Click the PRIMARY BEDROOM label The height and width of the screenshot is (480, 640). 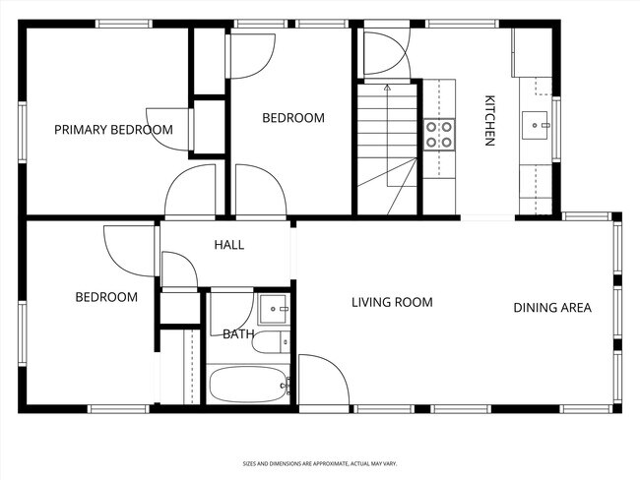(x=113, y=130)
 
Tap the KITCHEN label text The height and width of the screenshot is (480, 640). (x=488, y=120)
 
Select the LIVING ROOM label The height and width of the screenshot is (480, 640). (x=392, y=302)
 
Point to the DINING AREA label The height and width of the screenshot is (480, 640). (x=551, y=308)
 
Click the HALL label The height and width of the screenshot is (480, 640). (x=228, y=245)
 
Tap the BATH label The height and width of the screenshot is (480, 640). (x=237, y=334)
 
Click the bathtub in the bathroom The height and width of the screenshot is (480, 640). (x=247, y=385)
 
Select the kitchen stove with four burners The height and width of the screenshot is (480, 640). (x=439, y=134)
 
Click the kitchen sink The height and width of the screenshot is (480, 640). (x=538, y=124)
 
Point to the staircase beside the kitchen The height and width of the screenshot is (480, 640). (x=387, y=148)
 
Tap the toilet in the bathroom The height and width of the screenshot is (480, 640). (x=282, y=342)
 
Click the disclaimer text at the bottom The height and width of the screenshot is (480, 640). (x=320, y=462)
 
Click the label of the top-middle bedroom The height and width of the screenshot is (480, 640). (x=292, y=118)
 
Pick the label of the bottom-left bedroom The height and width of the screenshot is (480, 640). (x=106, y=297)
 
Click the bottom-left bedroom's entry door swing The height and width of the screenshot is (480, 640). (x=128, y=252)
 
